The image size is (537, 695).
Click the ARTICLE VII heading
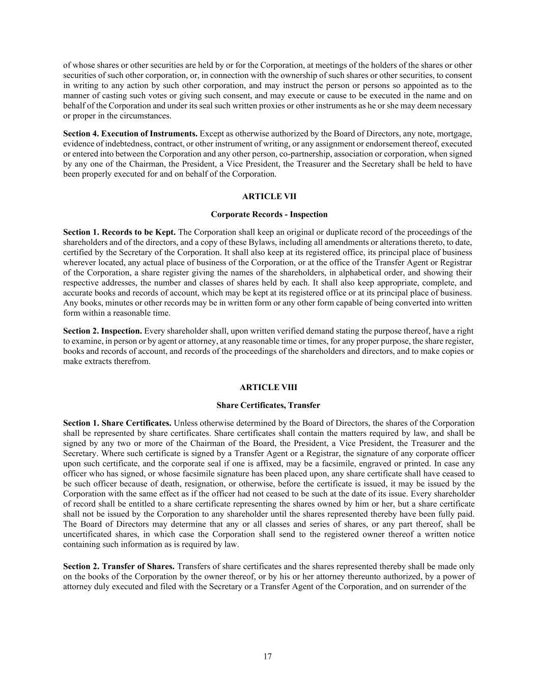pyautogui.click(x=268, y=197)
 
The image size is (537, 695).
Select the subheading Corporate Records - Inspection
pyautogui.click(x=269, y=214)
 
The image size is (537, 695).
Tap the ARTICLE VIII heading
pyautogui.click(x=268, y=387)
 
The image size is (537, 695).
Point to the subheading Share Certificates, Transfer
pyautogui.click(x=268, y=405)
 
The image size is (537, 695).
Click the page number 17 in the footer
pyautogui.click(x=268, y=656)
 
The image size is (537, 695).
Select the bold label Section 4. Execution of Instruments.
pyautogui.click(x=130, y=133)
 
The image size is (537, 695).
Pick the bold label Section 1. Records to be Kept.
pyautogui.click(x=120, y=232)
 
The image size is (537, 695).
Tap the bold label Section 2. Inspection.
pyautogui.click(x=103, y=331)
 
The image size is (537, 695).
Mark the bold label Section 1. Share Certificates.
pyautogui.click(x=117, y=423)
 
